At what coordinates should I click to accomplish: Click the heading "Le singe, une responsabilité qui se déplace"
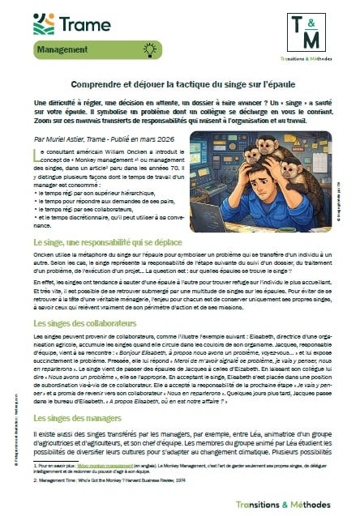click(x=114, y=242)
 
